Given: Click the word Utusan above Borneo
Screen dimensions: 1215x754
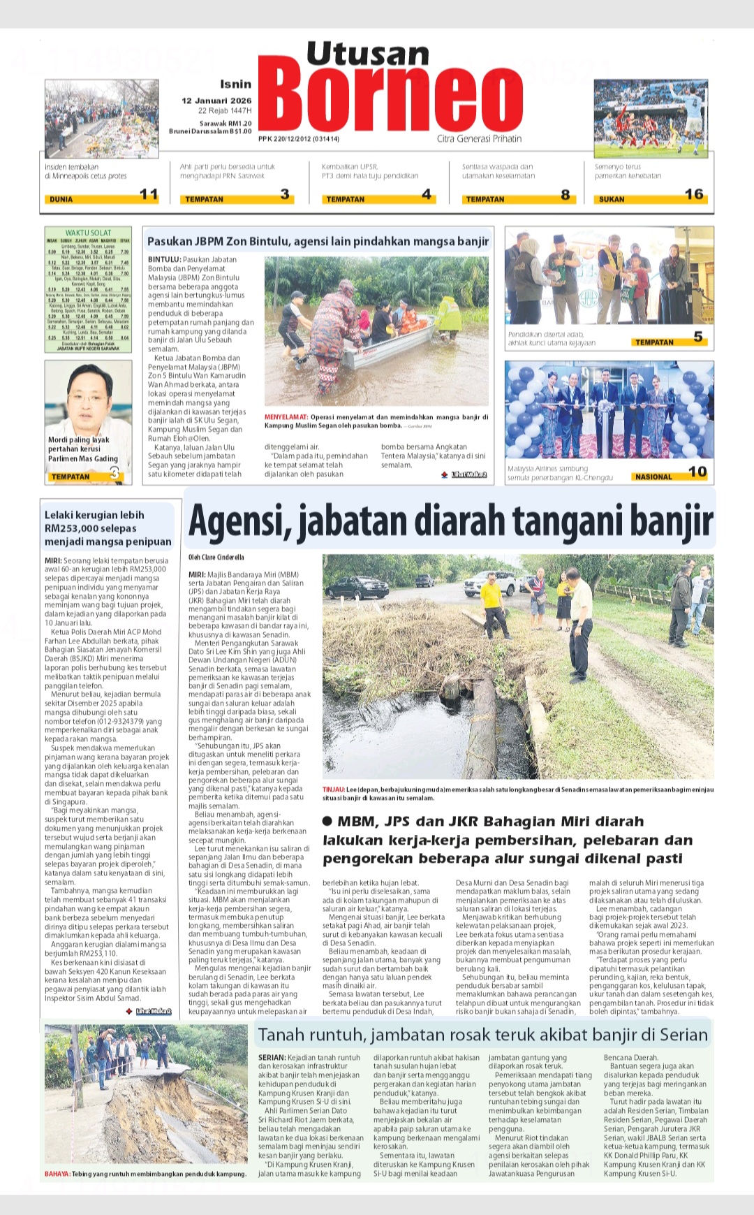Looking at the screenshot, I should (x=368, y=54).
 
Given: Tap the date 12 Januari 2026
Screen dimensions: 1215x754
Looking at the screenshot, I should (x=216, y=101).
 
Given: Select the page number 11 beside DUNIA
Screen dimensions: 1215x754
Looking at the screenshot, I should (x=149, y=194).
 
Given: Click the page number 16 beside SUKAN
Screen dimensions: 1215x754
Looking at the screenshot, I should (x=693, y=194).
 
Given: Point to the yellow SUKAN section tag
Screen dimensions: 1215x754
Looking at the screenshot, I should (x=612, y=199).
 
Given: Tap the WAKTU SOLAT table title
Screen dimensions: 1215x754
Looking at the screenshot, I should (x=88, y=233).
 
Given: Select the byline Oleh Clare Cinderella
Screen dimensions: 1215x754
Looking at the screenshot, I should (x=216, y=558).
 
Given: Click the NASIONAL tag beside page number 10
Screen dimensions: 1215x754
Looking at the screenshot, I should (x=653, y=476).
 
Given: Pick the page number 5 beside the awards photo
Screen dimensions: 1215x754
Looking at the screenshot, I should (x=697, y=337).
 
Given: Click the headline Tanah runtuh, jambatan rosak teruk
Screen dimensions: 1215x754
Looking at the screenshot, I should (x=482, y=1035).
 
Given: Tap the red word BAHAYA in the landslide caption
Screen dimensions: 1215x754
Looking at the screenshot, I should (x=57, y=1174).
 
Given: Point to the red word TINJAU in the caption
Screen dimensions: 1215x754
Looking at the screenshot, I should (x=333, y=790).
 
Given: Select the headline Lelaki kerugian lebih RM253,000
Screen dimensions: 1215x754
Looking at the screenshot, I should (x=108, y=528).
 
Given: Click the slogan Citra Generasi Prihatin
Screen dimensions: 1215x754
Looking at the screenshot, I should (x=479, y=139).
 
